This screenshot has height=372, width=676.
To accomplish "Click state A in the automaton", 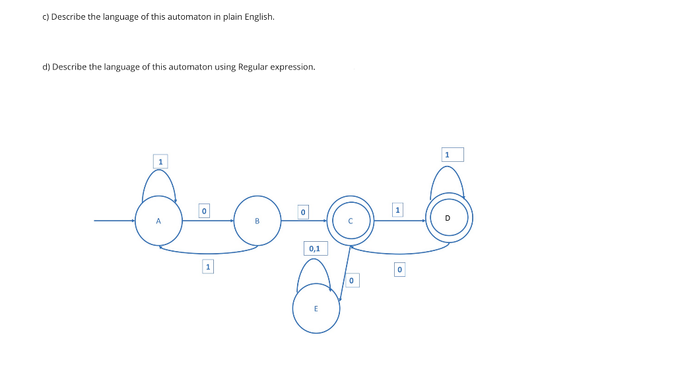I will [158, 221].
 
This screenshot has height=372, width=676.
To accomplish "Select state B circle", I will [257, 221].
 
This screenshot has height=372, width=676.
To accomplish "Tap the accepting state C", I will [351, 221].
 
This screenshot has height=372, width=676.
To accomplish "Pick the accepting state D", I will [449, 217].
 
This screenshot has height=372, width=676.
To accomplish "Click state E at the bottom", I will [316, 309].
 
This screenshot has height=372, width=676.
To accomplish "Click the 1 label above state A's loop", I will [160, 161].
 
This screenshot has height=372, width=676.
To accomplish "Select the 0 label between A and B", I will [204, 211].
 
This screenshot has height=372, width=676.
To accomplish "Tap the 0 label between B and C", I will [302, 212].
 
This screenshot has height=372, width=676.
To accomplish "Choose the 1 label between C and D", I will [397, 210].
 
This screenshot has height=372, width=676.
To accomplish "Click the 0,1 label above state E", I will [314, 248].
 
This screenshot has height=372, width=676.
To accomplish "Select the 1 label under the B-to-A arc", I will [208, 266].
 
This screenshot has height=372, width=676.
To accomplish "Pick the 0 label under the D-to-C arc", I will [399, 270].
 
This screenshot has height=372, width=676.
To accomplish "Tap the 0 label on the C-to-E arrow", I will [351, 281].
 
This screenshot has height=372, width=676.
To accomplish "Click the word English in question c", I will [259, 17].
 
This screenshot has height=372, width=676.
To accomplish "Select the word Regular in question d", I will [252, 67].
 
